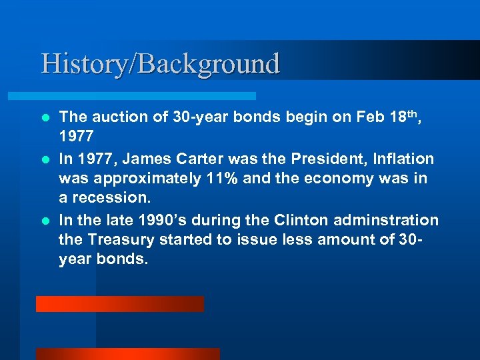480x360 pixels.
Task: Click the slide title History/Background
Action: click(x=160, y=64)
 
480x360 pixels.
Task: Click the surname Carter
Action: click(x=199, y=159)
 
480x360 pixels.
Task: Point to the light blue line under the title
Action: click(x=147, y=96)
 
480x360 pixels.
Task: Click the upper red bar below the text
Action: click(x=120, y=304)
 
